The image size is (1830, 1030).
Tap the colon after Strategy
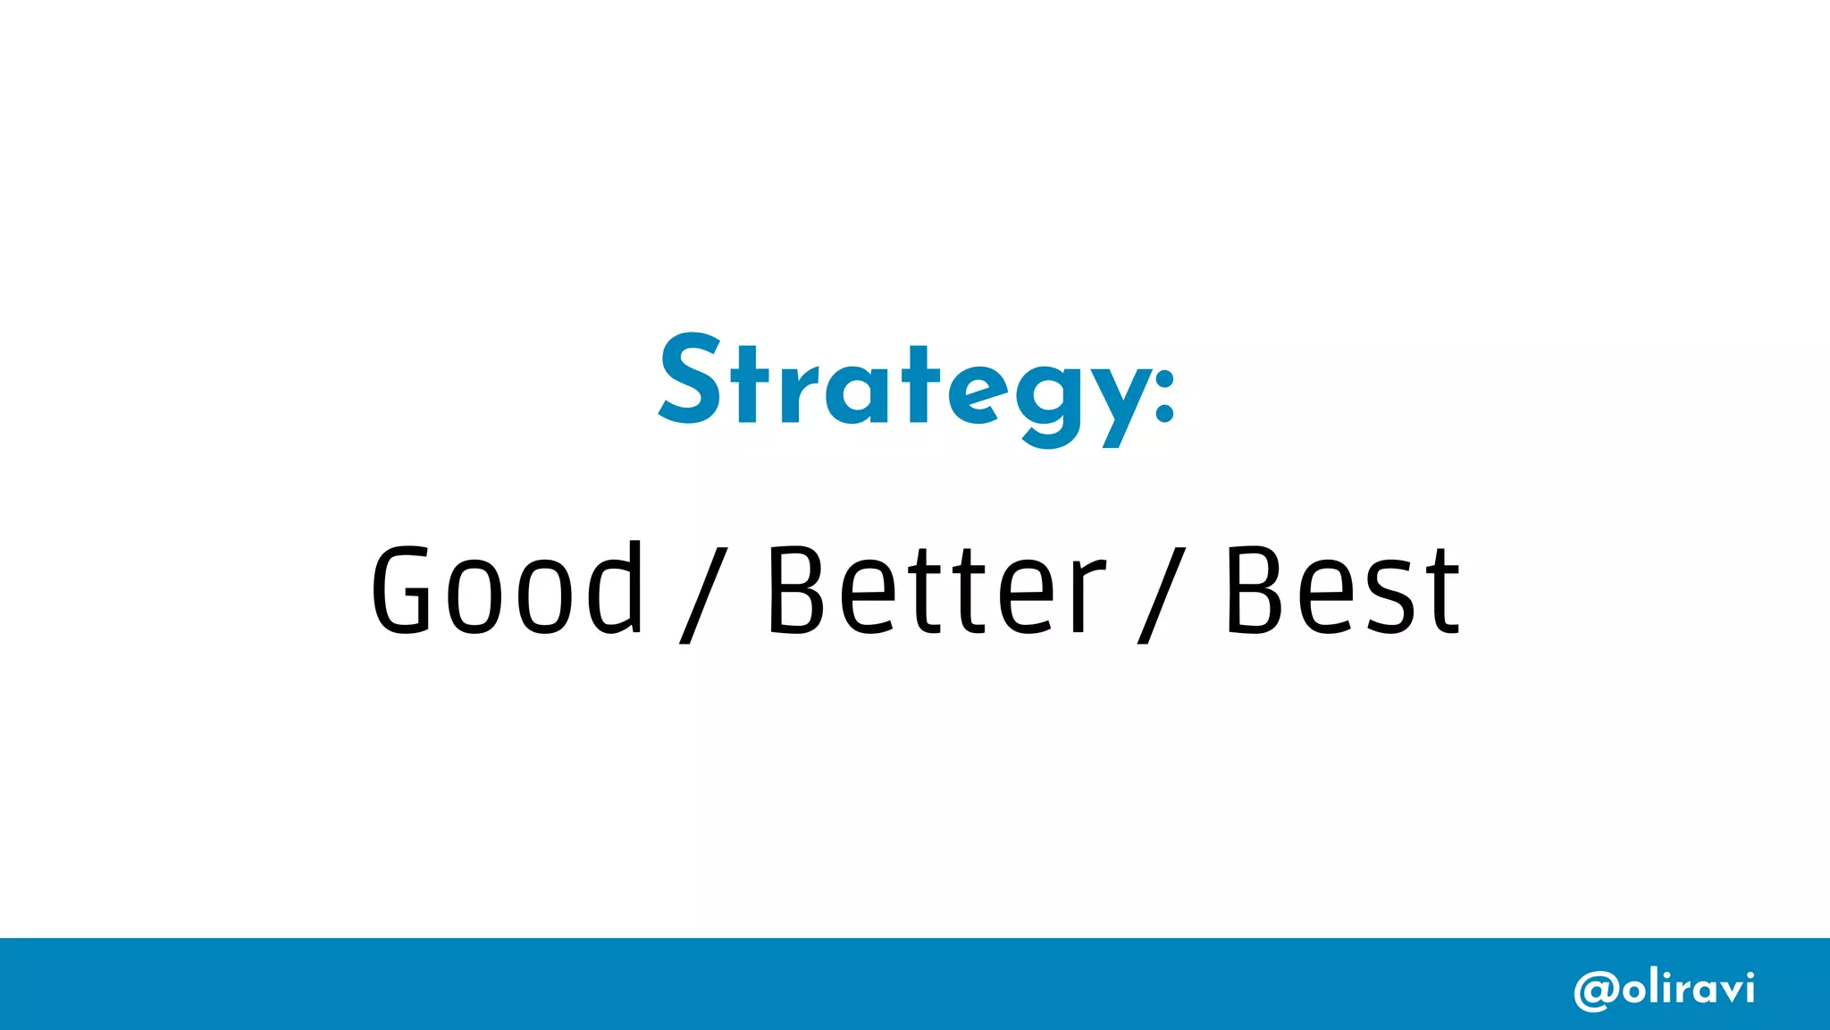tap(1163, 393)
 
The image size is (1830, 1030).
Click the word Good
tap(507, 590)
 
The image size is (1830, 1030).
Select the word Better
tap(936, 590)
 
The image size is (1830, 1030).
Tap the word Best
tap(1342, 590)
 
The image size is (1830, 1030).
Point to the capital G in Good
tap(402, 590)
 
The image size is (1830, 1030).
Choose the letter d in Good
tap(617, 588)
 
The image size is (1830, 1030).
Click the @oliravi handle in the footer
tap(1664, 989)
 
